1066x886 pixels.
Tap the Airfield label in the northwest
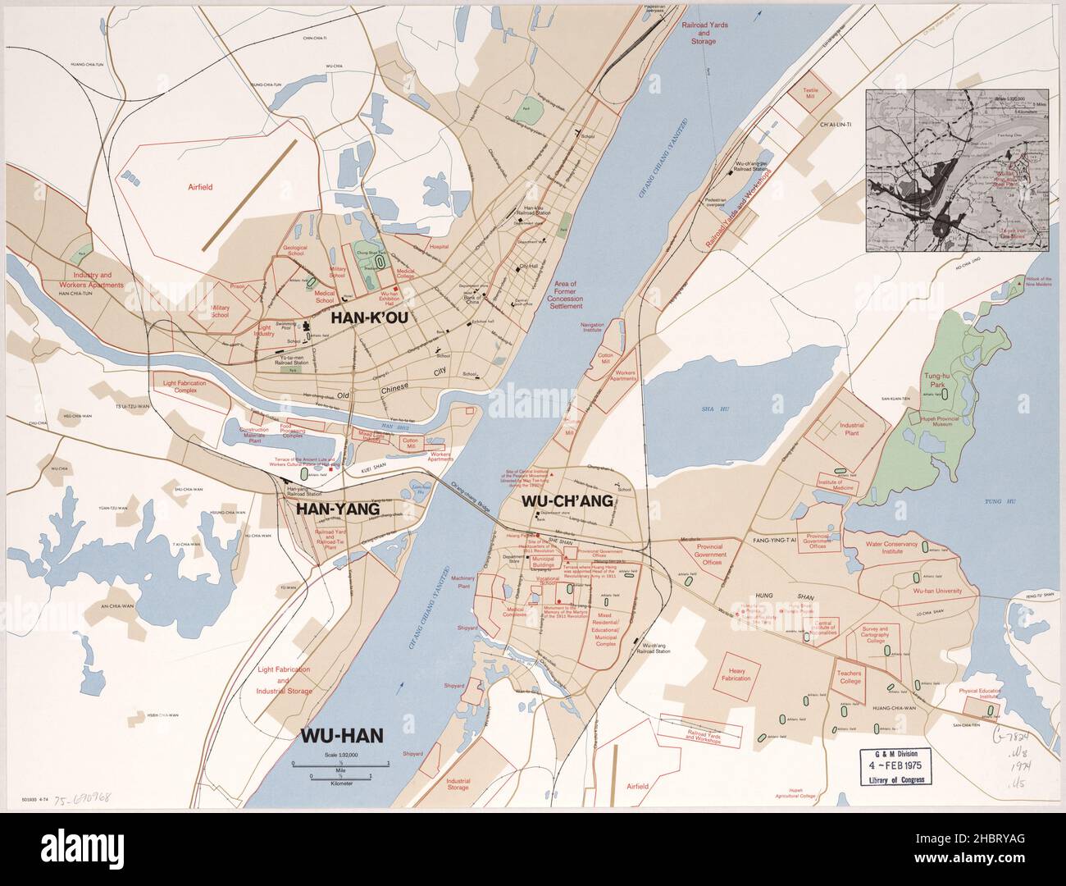(x=198, y=188)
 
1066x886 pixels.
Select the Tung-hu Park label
(x=939, y=379)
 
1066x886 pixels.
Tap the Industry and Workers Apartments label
(x=97, y=281)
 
